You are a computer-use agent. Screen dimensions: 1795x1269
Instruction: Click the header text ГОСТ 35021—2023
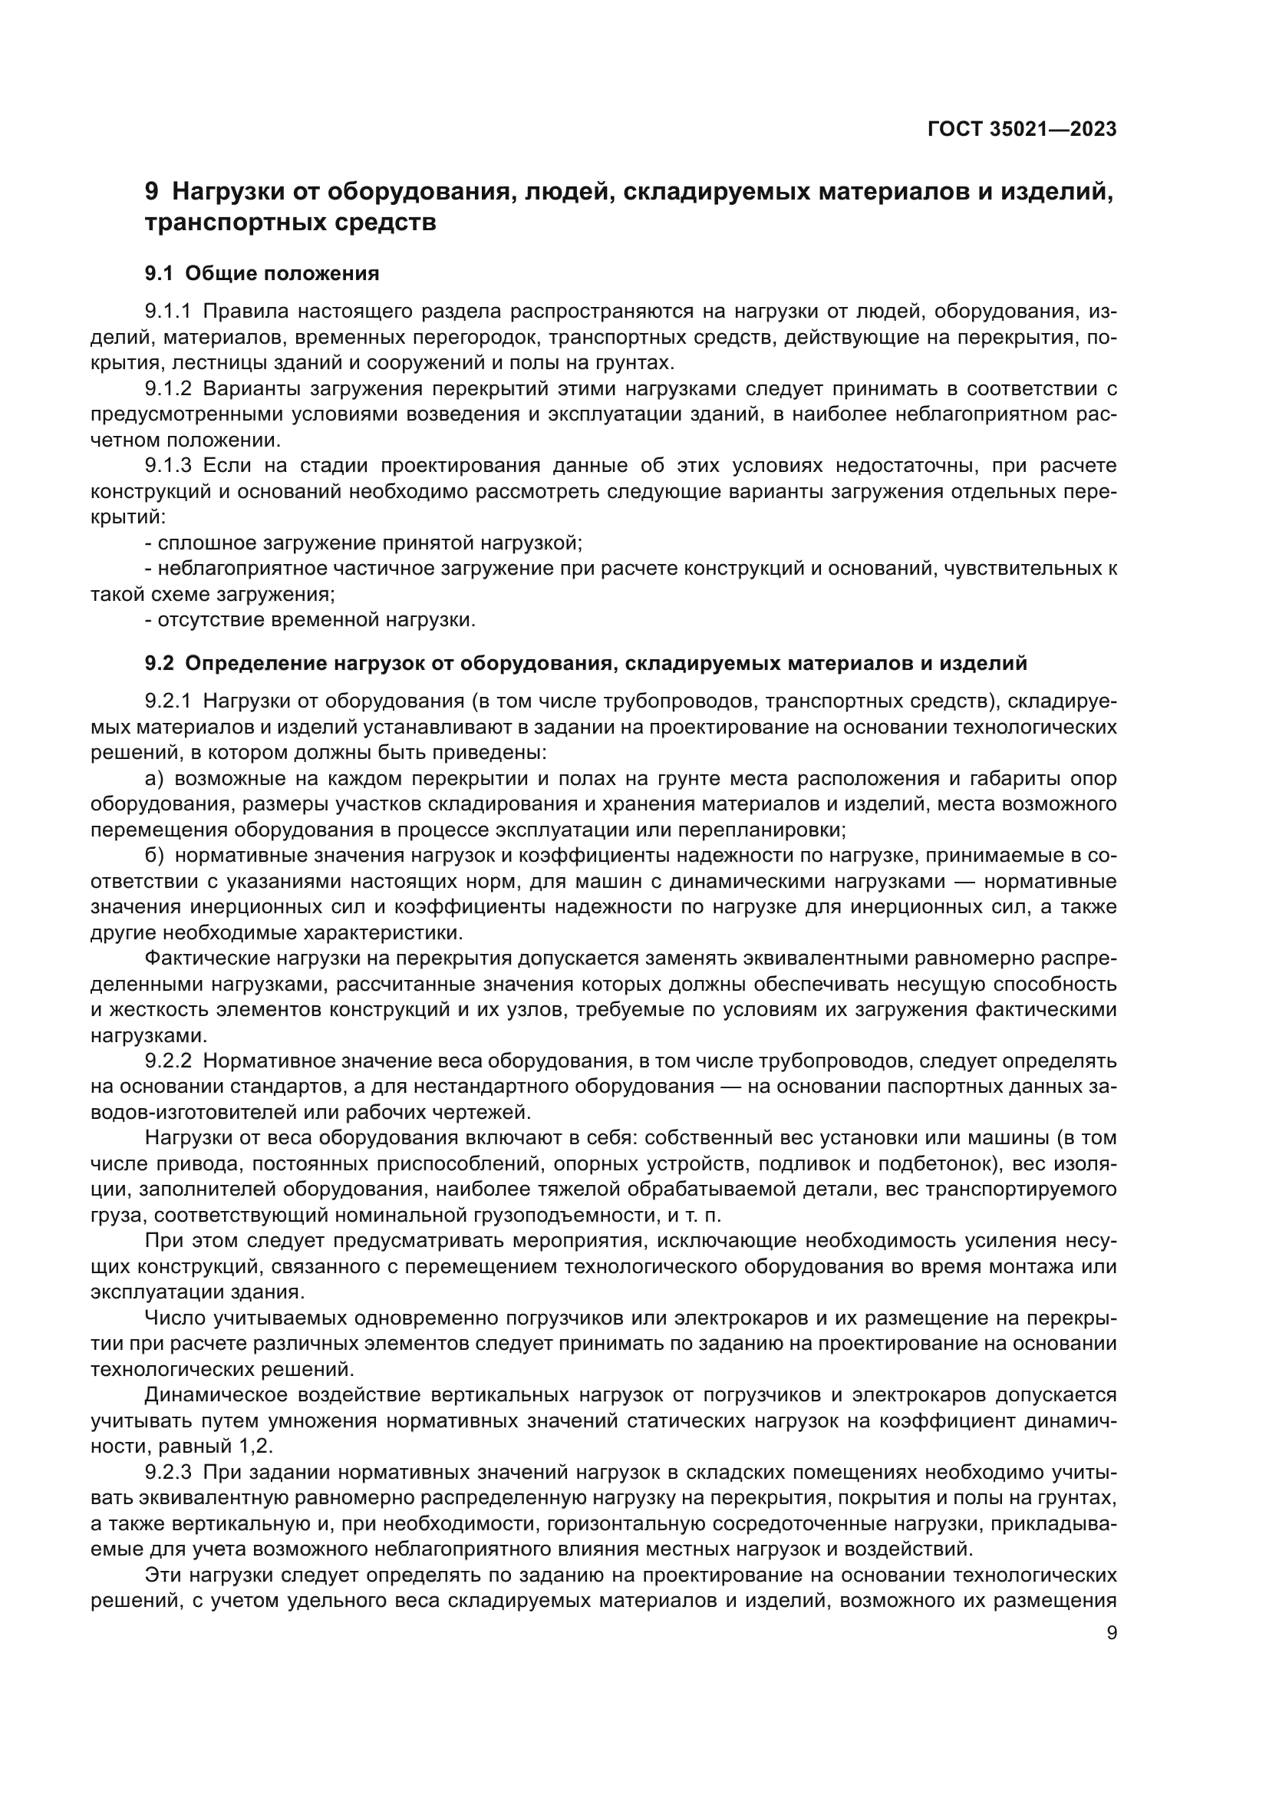[1021, 130]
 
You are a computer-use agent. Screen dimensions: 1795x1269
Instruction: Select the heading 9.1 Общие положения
[262, 274]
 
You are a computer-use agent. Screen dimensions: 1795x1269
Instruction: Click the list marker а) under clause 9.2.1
[154, 779]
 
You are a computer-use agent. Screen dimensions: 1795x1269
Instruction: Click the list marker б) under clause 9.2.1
[154, 856]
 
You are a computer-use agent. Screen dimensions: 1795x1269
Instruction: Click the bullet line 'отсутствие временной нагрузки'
[315, 621]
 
